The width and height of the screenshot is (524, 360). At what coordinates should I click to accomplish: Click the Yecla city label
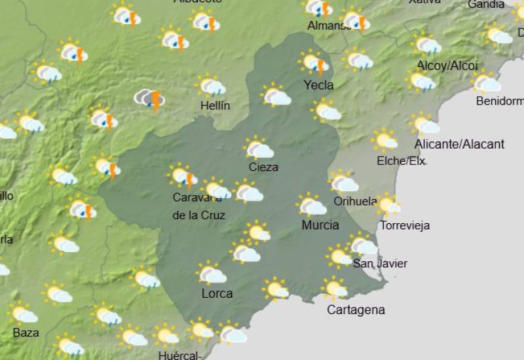pos(319,85)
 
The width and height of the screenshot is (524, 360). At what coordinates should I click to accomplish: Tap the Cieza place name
pos(263,168)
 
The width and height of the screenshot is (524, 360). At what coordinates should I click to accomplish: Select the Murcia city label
pos(320,225)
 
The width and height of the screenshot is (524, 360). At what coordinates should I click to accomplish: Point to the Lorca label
pos(217,294)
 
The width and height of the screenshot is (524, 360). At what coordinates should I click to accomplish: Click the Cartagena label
pos(356,310)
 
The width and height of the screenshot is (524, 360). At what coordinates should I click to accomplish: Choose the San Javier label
pos(380,264)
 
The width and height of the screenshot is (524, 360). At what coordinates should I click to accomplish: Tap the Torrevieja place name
pos(405,226)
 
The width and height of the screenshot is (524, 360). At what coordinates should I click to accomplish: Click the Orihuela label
pos(355,202)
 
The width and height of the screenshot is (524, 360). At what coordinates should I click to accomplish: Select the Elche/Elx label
pos(401,161)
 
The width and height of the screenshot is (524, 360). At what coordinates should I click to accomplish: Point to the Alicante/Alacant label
pos(459,145)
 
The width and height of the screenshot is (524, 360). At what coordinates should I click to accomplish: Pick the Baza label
pos(26,333)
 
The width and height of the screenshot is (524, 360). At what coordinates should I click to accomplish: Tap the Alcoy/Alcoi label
pos(447,66)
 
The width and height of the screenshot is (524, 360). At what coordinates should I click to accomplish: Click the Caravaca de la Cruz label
pos(200,206)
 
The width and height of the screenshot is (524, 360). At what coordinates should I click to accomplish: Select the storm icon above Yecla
pos(314,63)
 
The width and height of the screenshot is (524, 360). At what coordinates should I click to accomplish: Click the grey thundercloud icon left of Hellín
pos(150,99)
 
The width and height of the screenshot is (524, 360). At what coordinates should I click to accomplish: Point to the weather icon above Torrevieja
pos(388,206)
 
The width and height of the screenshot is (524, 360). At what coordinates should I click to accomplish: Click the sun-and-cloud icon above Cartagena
pos(335,288)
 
